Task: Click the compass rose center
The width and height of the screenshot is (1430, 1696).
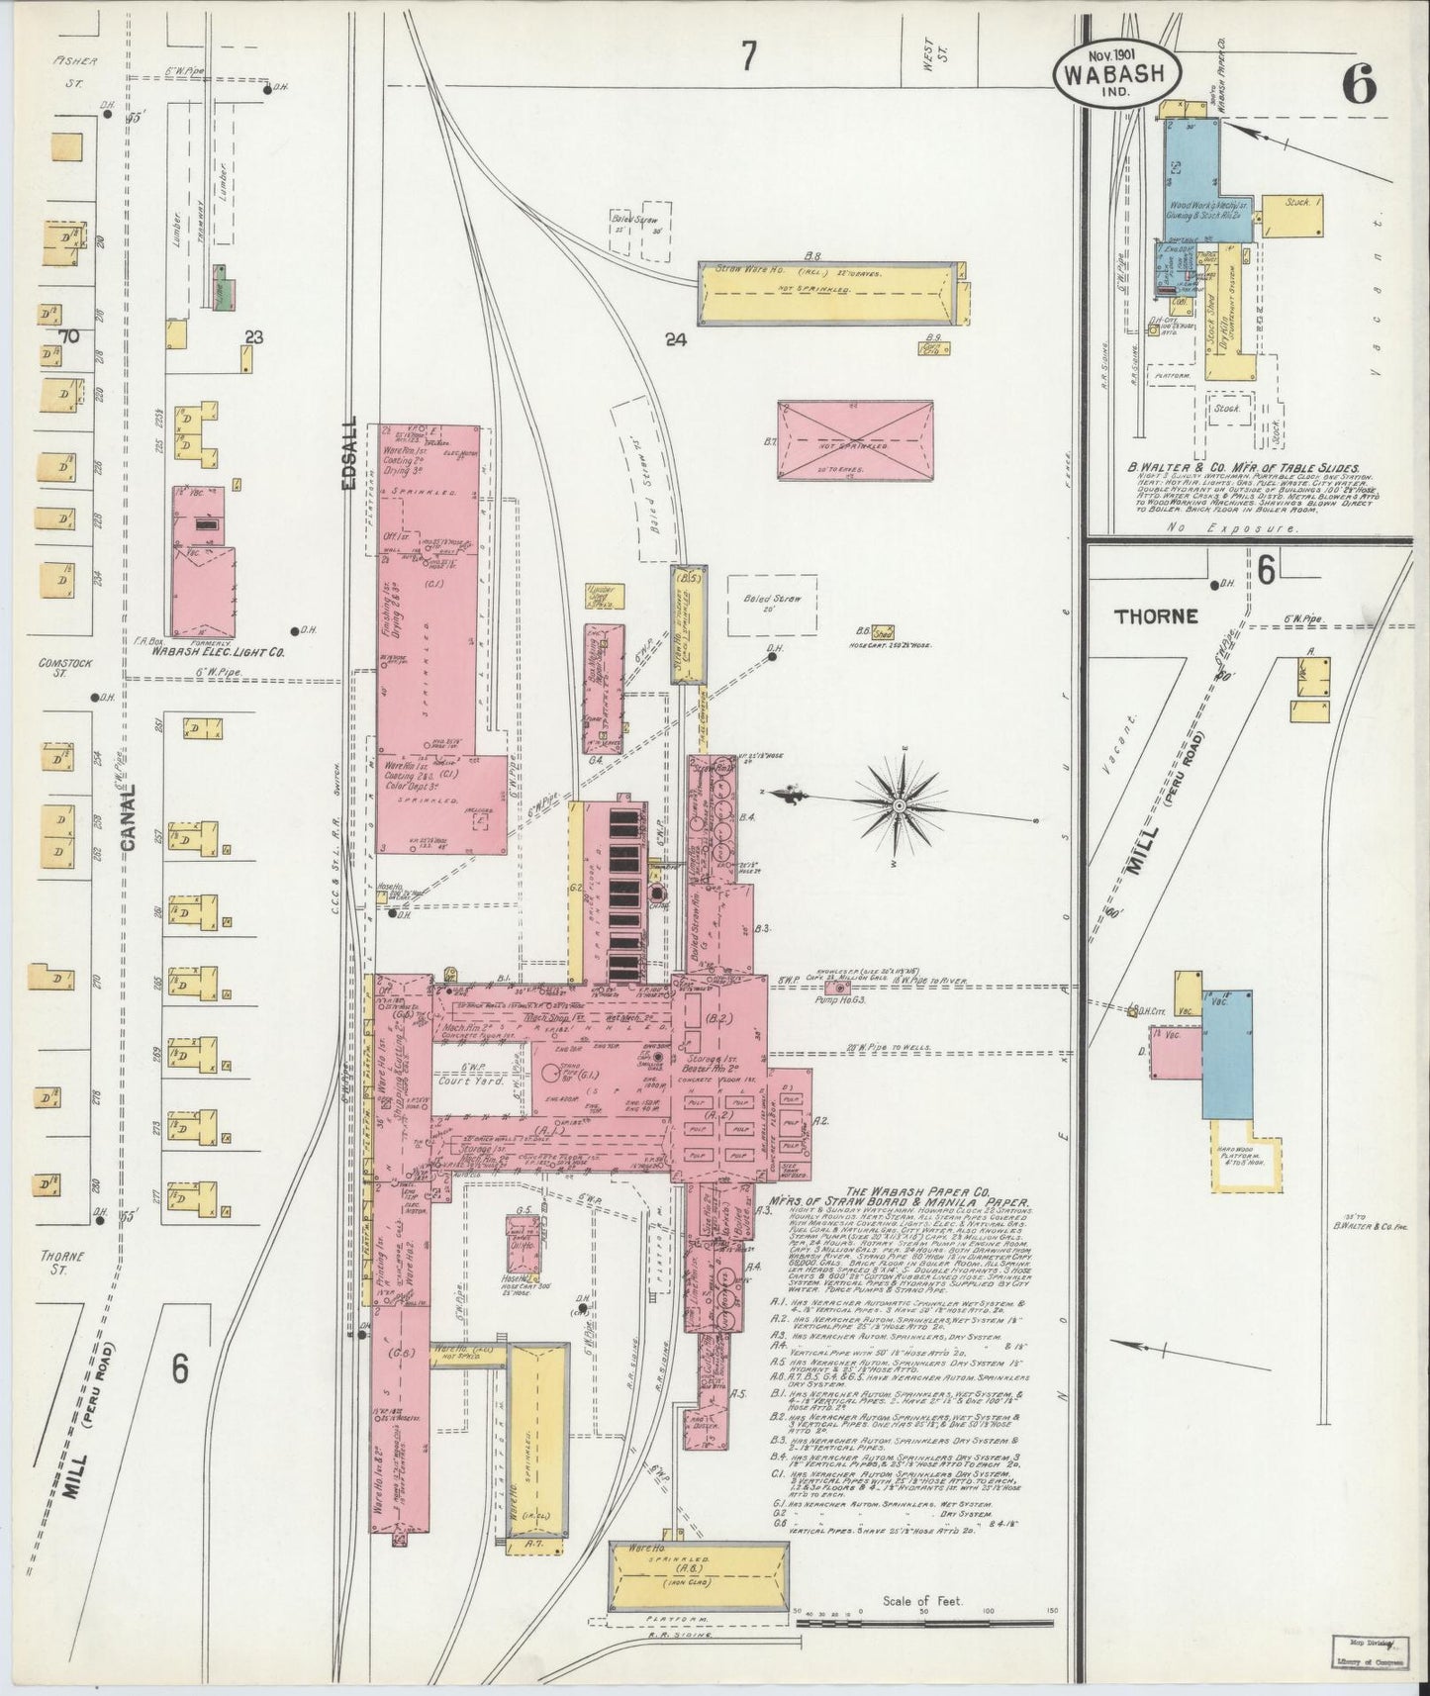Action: point(899,807)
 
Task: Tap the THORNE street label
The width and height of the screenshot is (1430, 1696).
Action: point(1155,615)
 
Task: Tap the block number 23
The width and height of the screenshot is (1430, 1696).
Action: point(253,337)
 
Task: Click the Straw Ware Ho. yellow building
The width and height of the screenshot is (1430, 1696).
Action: point(828,292)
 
